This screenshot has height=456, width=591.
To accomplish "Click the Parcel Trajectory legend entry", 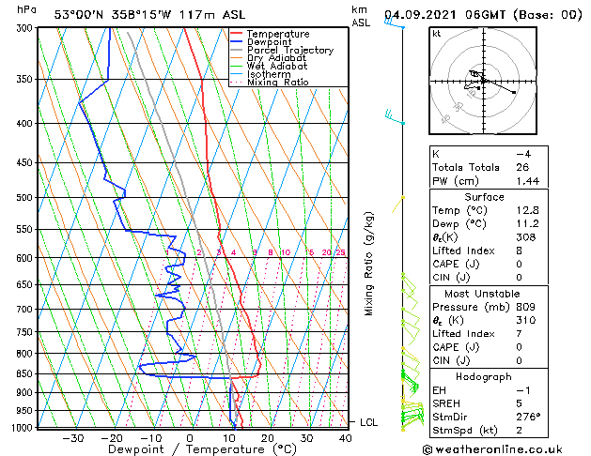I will tap(289, 50).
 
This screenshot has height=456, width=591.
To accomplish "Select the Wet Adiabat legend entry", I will tap(277, 66).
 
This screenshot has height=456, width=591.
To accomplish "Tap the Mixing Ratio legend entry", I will tap(277, 83).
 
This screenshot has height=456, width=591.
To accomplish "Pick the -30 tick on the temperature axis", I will tap(72, 438).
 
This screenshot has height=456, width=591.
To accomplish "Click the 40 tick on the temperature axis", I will tap(346, 438).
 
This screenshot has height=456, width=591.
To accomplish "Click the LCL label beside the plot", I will tap(368, 423).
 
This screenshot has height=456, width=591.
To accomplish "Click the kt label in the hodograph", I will tap(437, 34).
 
